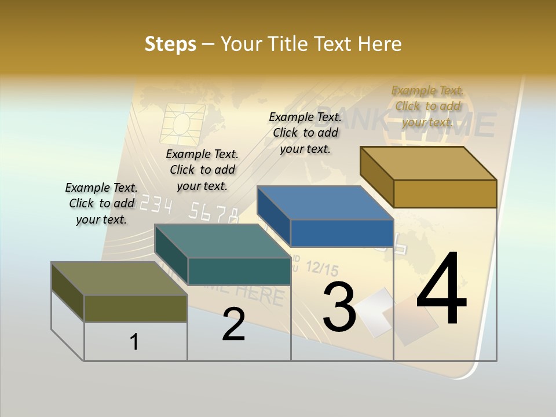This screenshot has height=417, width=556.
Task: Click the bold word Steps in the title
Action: click(170, 44)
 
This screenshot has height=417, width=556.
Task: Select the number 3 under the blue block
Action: click(339, 307)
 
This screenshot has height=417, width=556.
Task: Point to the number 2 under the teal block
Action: click(233, 324)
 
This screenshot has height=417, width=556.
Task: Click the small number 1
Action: click(134, 342)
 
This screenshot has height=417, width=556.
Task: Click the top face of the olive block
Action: click(119, 279)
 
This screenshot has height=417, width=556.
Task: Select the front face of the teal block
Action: click(239, 271)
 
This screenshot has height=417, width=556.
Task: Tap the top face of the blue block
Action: click(324, 203)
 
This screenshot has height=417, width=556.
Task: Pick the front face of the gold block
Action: click(445, 193)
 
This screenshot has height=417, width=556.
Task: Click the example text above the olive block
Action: click(101, 203)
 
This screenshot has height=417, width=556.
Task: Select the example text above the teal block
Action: click(202, 170)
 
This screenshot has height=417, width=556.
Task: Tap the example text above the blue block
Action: click(305, 133)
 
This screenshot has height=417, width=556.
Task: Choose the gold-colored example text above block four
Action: click(427, 106)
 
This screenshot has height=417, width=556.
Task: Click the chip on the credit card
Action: click(184, 123)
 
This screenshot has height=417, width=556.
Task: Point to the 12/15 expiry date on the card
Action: click(321, 268)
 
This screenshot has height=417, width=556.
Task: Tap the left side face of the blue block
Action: click(273, 215)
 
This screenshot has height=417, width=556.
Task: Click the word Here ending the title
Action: click(379, 44)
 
